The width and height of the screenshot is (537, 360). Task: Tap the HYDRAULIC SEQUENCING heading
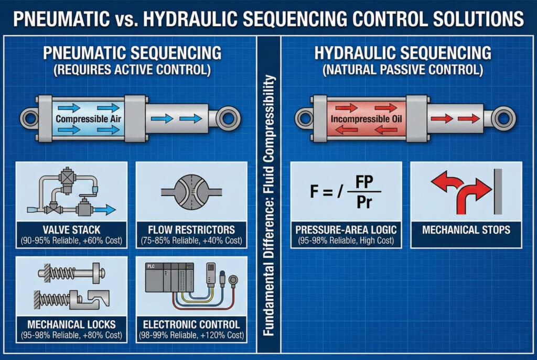pyautogui.click(x=402, y=53)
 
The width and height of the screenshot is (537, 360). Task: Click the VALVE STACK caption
pyautogui.click(x=71, y=229)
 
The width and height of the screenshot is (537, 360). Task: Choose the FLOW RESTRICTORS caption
pyautogui.click(x=191, y=229)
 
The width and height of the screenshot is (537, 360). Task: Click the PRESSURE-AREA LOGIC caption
pyautogui.click(x=346, y=229)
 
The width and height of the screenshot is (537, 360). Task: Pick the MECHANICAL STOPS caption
pyautogui.click(x=466, y=229)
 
